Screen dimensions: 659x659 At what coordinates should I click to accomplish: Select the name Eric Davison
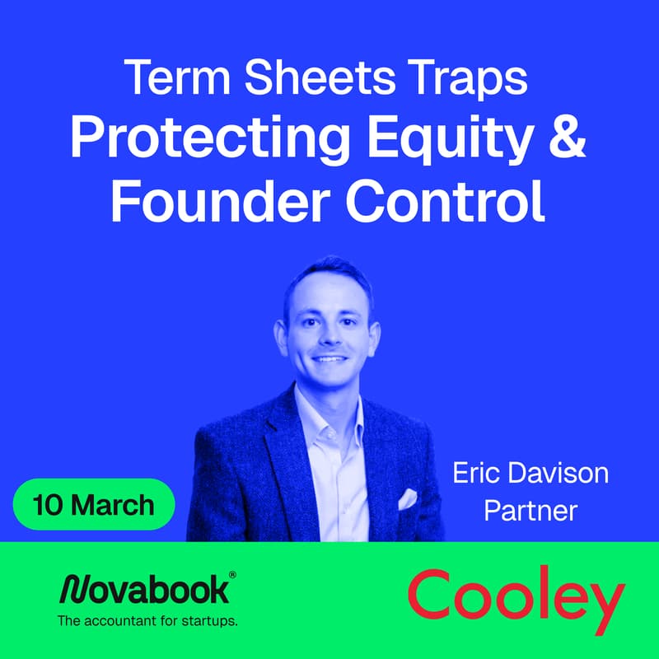[x=530, y=474]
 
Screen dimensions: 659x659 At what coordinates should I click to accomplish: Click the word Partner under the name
[x=530, y=511]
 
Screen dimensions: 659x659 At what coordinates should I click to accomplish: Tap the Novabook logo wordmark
[x=144, y=590]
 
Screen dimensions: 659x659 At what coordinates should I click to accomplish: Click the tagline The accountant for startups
[x=147, y=621]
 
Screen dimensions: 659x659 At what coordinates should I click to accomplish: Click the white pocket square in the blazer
[x=408, y=498]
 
